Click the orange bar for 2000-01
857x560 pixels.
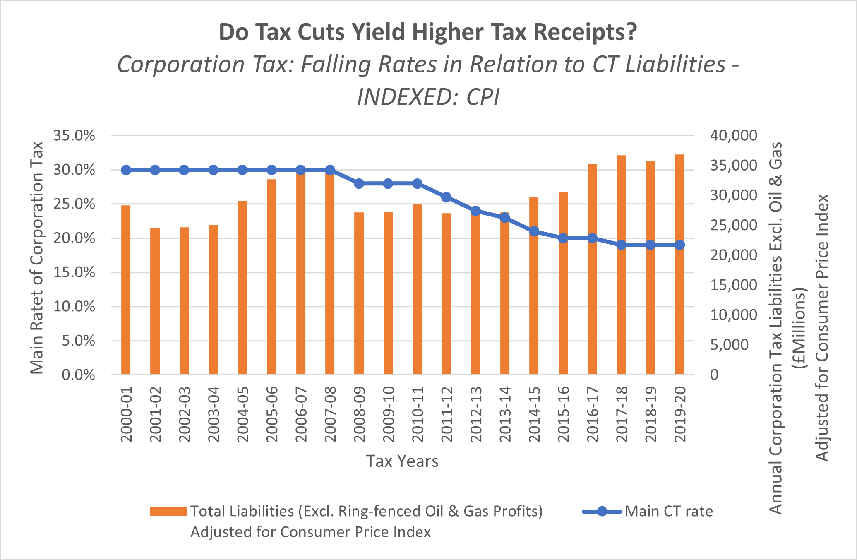(x=126, y=290)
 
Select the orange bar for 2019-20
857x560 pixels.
(x=679, y=265)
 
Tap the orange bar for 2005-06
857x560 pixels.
(x=271, y=277)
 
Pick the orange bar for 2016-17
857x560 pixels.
(x=592, y=269)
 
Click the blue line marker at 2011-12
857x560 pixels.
(x=446, y=197)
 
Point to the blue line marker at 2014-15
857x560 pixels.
(x=534, y=231)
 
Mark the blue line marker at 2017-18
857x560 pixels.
(x=621, y=245)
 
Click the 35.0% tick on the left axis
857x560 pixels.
(x=74, y=136)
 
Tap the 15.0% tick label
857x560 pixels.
(x=74, y=273)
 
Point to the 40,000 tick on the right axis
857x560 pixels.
(x=734, y=136)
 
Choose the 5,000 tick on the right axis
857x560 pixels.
(x=730, y=345)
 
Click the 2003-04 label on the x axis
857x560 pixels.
(x=214, y=414)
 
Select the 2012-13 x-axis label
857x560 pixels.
(x=476, y=414)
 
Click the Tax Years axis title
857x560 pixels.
(x=402, y=461)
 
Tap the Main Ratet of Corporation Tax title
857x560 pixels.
(x=37, y=257)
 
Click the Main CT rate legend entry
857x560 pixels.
(x=669, y=512)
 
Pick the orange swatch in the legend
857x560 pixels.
(x=168, y=512)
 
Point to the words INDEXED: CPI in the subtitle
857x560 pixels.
(x=428, y=98)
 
